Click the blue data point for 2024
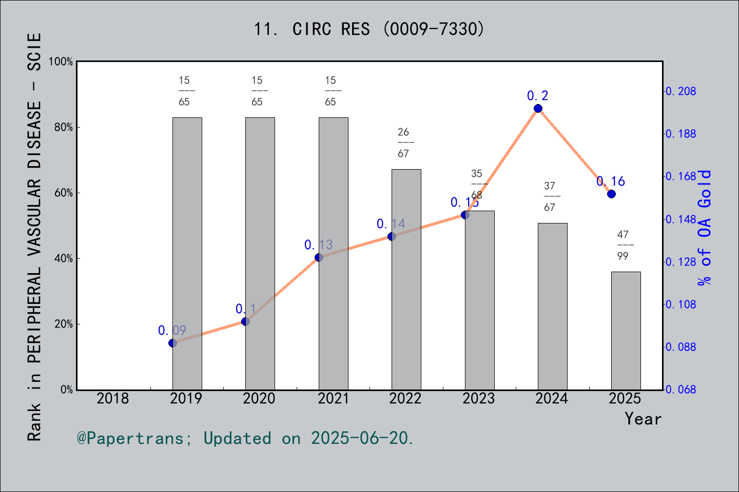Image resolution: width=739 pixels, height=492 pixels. pyautogui.click(x=538, y=108)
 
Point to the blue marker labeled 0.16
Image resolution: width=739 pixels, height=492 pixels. pyautogui.click(x=611, y=194)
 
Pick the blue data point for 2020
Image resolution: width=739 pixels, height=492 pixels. pyautogui.click(x=245, y=321)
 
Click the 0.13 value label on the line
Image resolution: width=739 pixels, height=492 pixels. pyautogui.click(x=318, y=245)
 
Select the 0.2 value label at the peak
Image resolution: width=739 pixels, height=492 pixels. pyautogui.click(x=537, y=96)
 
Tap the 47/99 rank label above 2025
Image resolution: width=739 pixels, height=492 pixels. pyautogui.click(x=623, y=245)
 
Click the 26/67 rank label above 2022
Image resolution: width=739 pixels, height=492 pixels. pyautogui.click(x=403, y=142)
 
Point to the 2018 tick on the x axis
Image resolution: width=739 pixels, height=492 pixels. pyautogui.click(x=113, y=398)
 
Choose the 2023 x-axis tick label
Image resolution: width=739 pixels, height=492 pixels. pyautogui.click(x=478, y=398)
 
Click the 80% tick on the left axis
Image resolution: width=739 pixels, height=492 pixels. pyautogui.click(x=64, y=128)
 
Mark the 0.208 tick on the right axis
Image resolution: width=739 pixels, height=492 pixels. pyautogui.click(x=681, y=91)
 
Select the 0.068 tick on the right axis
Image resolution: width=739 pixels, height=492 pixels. pyautogui.click(x=681, y=389)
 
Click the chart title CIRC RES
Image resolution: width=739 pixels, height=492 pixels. pyautogui.click(x=369, y=29)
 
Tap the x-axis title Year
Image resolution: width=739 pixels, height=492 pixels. pyautogui.click(x=643, y=419)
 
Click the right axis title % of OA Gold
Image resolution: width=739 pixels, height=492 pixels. pyautogui.click(x=705, y=228)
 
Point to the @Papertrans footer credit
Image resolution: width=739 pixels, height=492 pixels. pyautogui.click(x=245, y=438)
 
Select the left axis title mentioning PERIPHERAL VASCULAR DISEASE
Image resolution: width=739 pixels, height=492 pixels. pyautogui.click(x=34, y=237)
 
